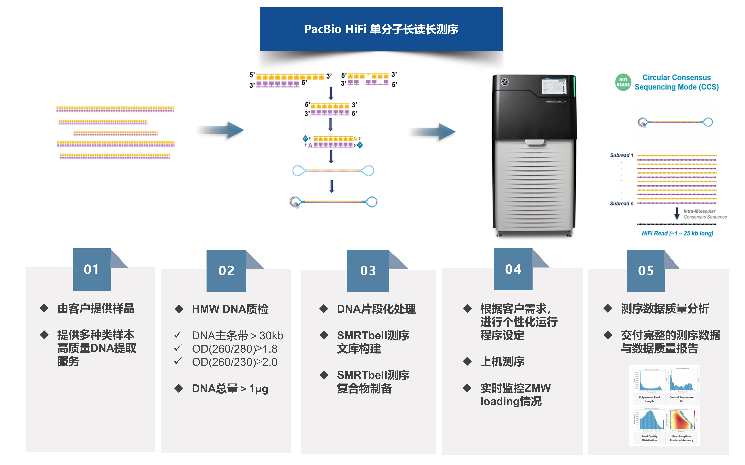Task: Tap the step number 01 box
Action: [x=91, y=269]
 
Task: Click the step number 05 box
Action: [x=646, y=271]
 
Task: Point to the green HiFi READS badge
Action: [x=623, y=82]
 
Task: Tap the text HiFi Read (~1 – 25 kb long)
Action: [x=677, y=233]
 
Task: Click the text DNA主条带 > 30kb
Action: [x=237, y=335]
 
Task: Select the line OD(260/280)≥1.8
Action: [x=234, y=349]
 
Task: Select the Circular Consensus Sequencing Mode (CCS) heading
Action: [x=676, y=82]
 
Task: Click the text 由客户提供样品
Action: [x=96, y=309]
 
